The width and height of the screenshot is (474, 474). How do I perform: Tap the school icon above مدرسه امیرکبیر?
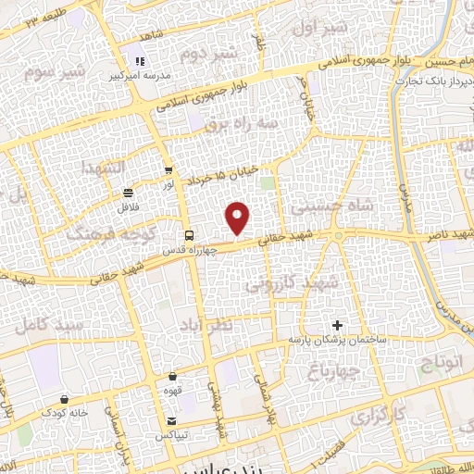pyautogui.click(x=141, y=61)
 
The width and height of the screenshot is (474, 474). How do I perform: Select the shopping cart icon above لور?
pyautogui.click(x=168, y=170)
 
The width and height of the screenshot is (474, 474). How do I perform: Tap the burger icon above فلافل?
pyautogui.click(x=127, y=193)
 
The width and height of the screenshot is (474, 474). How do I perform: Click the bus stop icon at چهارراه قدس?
pyautogui.click(x=189, y=235)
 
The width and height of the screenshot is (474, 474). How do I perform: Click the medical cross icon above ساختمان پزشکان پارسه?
pyautogui.click(x=337, y=326)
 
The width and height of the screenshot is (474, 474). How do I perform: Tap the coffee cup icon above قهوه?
pyautogui.click(x=173, y=377)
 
